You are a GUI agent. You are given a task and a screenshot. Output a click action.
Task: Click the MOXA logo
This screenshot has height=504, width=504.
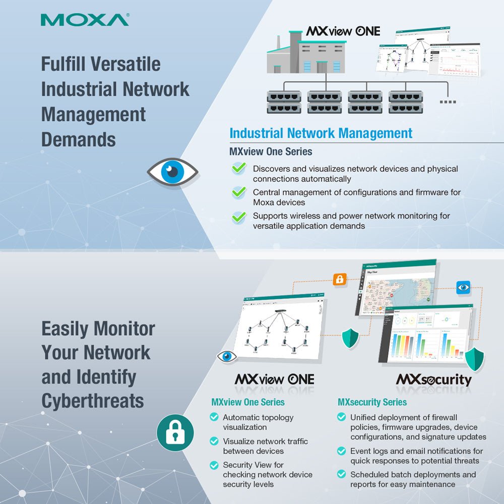coord(85,20)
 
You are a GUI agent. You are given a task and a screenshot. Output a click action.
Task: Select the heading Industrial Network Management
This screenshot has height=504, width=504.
coord(321,134)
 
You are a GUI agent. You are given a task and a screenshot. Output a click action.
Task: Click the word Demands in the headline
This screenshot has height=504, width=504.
coord(78,139)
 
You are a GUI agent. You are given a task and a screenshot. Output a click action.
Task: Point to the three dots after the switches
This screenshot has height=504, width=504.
coord(448,102)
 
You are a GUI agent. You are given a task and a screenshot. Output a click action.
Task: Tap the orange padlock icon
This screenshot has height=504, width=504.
coord(340,279)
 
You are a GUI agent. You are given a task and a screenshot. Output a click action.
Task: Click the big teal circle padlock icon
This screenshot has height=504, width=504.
coord(175,432)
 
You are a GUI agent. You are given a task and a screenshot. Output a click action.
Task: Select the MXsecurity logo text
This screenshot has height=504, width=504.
coord(434,380)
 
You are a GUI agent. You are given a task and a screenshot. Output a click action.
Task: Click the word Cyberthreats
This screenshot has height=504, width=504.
coord(92,401)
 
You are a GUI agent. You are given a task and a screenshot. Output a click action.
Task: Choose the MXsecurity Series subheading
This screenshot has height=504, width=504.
coord(372,402)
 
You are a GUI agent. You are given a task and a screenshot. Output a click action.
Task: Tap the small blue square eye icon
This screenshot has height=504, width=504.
coord(463,287)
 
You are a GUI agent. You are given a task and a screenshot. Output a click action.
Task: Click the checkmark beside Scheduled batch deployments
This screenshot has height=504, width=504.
coord(342,475)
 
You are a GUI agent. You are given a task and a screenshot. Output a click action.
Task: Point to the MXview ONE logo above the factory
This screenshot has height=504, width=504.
coord(343,31)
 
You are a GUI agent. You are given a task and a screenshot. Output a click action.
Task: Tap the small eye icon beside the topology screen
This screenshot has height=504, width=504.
coord(227,357)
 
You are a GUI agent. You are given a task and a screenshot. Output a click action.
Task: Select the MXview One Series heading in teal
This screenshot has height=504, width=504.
coord(247,402)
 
